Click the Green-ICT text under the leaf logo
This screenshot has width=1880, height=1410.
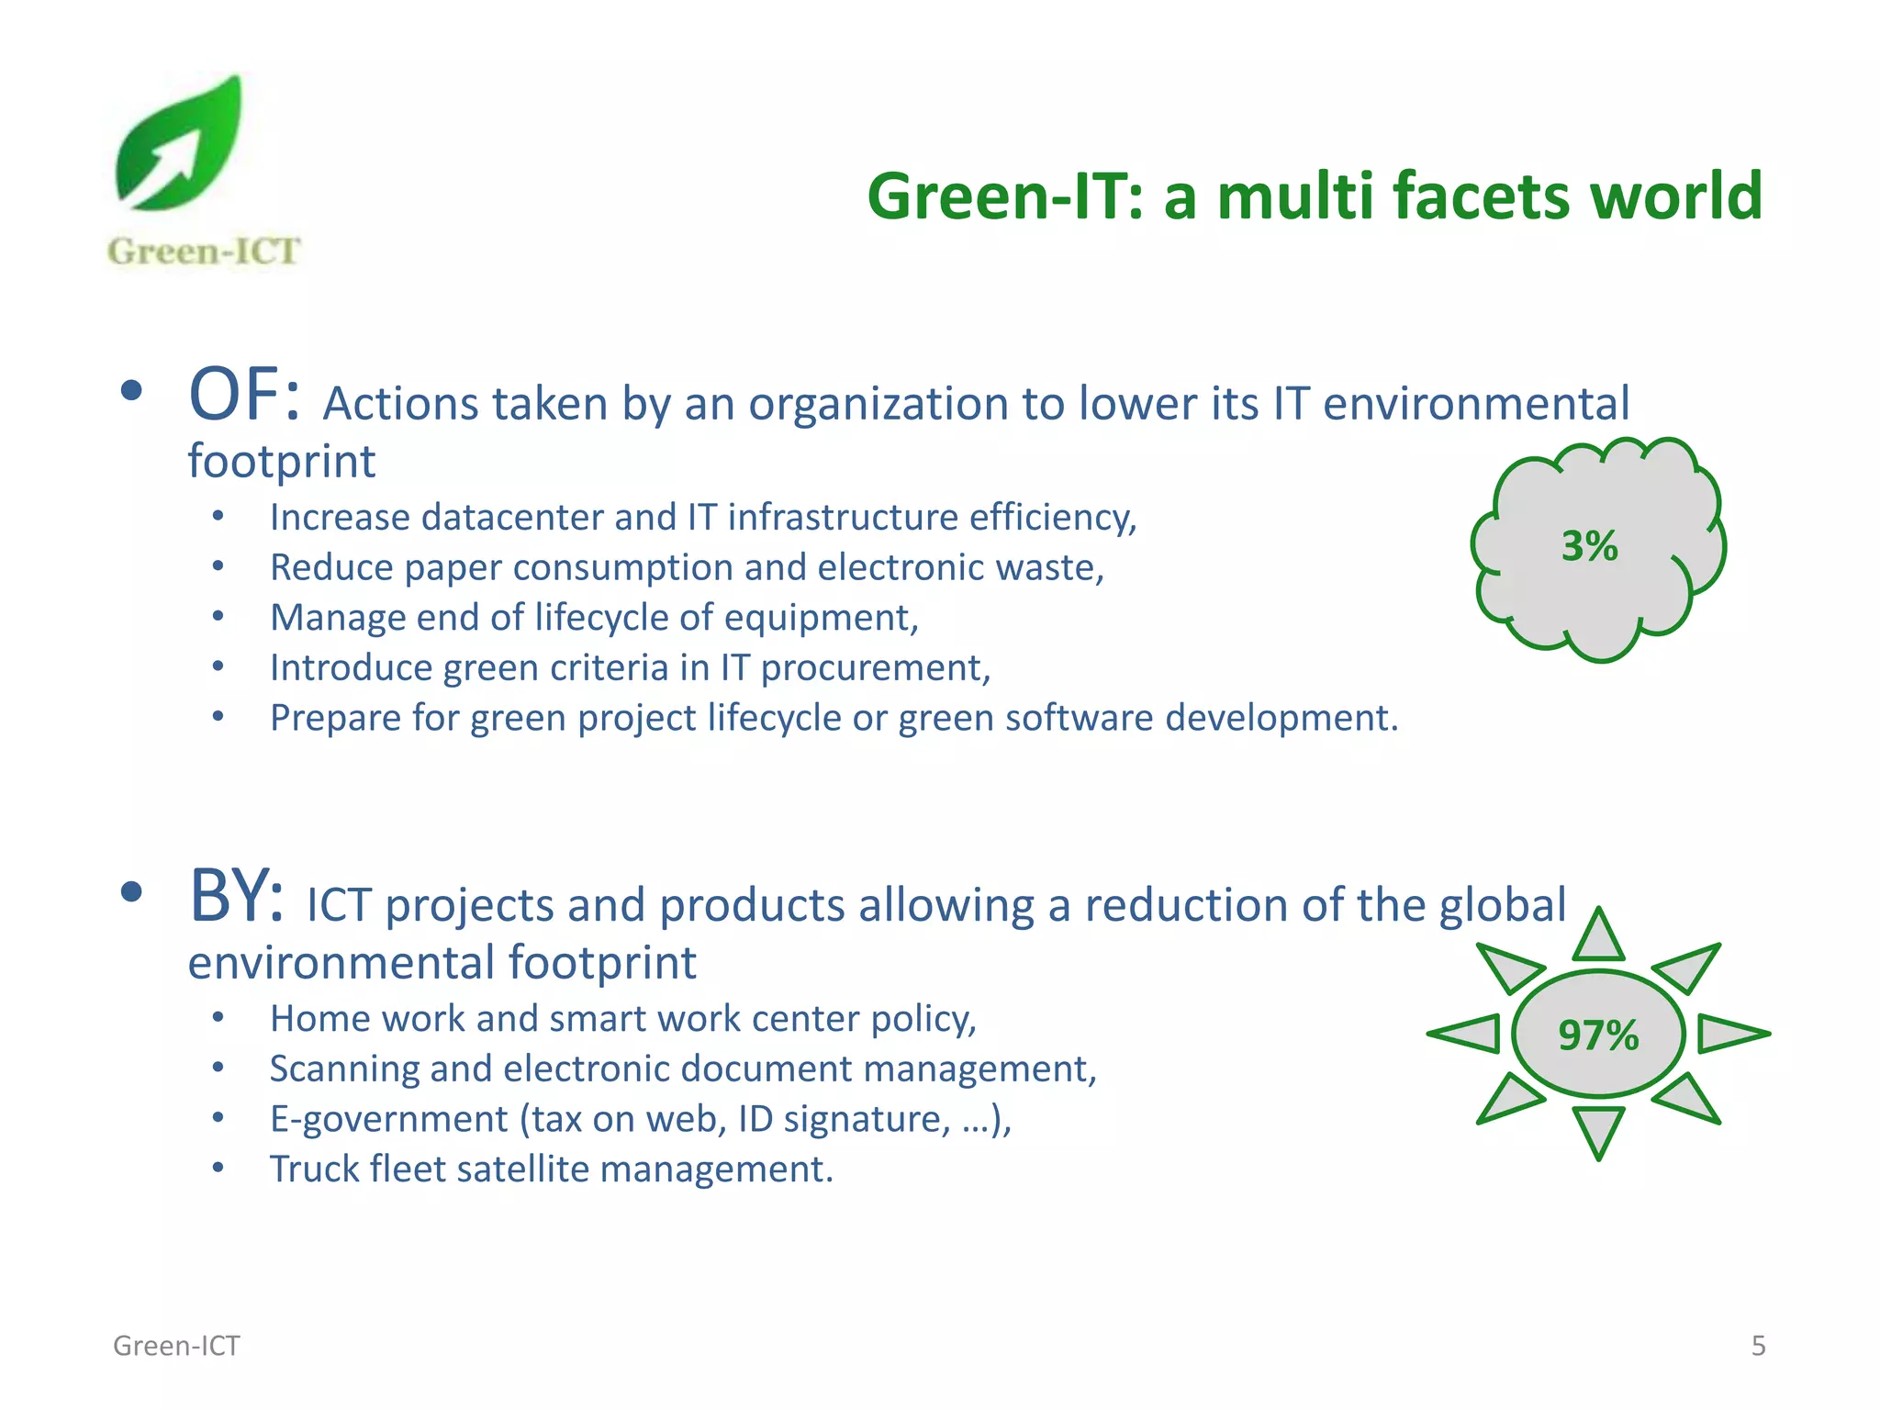coord(204,252)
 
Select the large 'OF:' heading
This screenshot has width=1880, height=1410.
coord(244,396)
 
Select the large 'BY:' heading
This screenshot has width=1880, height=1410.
coord(236,897)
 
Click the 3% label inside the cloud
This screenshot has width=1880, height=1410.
coord(1589,547)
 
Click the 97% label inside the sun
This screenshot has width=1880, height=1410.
coord(1598,1035)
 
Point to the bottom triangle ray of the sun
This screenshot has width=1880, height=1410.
coord(1598,1129)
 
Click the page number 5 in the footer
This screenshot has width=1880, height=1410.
coord(1758,1346)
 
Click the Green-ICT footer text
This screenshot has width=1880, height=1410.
coord(176,1346)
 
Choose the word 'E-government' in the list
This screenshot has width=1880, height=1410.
coord(388,1120)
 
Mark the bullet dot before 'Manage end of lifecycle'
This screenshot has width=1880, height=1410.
coord(218,617)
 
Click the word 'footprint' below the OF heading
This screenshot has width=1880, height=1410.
coord(281,462)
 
